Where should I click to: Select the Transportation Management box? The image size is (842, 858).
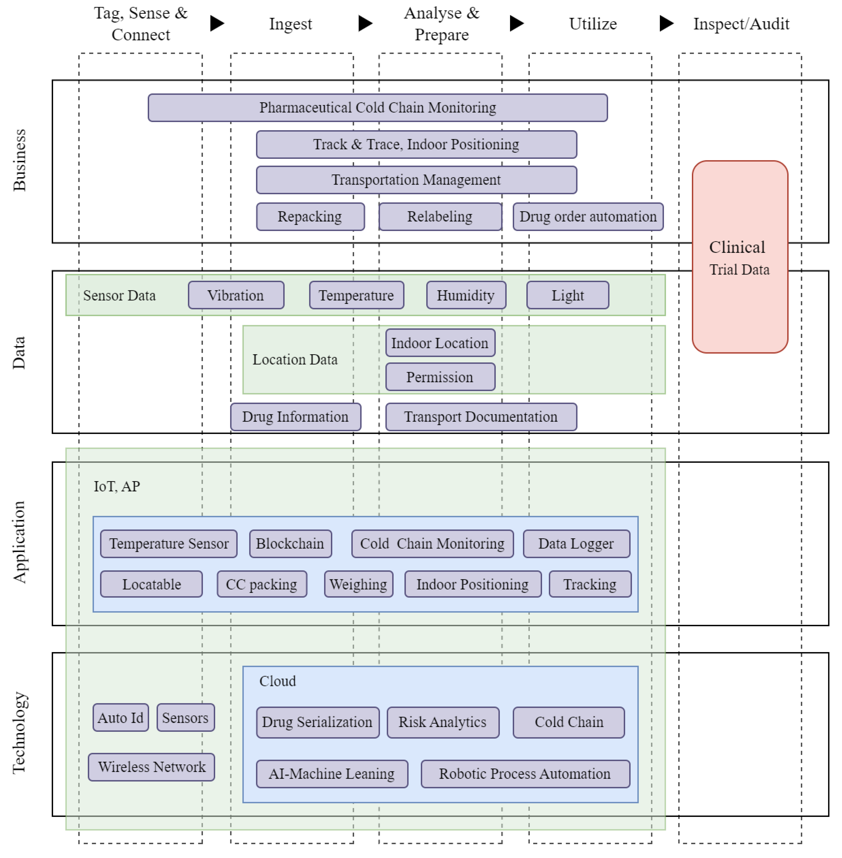(x=416, y=180)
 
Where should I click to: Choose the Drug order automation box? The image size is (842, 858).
(x=588, y=217)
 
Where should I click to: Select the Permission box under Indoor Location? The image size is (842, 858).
(x=440, y=377)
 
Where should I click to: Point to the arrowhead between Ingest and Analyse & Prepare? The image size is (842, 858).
(x=365, y=23)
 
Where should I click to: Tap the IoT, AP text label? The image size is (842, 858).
(x=117, y=486)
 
